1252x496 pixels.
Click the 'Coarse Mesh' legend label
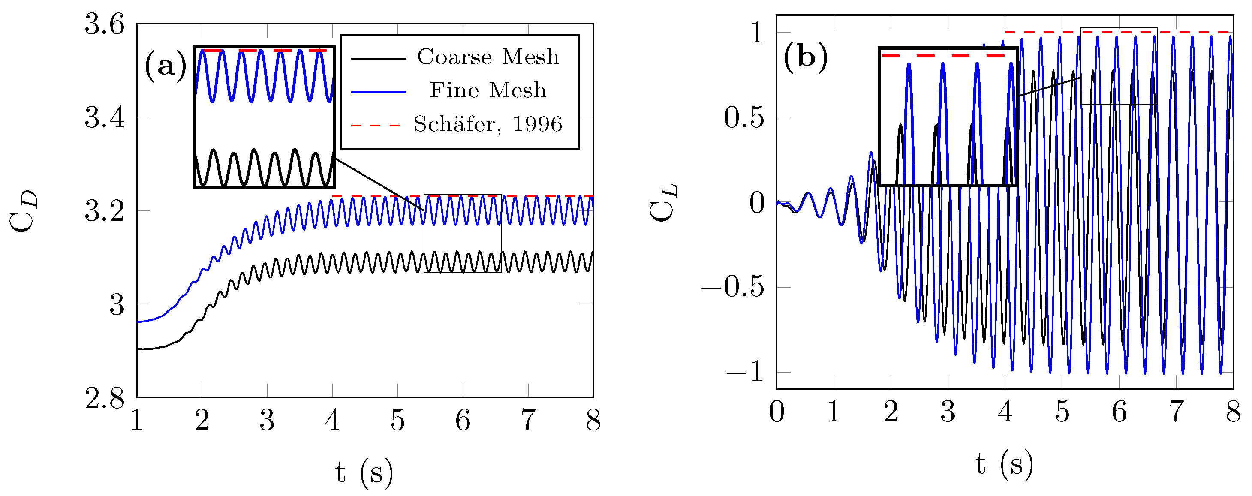pos(488,57)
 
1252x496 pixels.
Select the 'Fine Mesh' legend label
pos(488,90)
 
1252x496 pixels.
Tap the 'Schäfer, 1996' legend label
pos(488,124)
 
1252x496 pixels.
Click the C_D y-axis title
pos(23,211)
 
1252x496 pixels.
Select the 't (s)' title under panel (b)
pos(1004,464)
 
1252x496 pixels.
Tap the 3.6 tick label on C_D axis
pos(105,24)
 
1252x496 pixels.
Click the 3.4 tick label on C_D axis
pos(105,117)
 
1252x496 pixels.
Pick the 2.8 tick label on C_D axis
pos(105,398)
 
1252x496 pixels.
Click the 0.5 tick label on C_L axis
pos(744,117)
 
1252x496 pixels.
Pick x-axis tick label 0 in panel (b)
pos(776,412)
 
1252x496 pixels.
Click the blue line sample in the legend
pos(378,92)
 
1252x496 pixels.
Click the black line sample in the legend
pos(378,58)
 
